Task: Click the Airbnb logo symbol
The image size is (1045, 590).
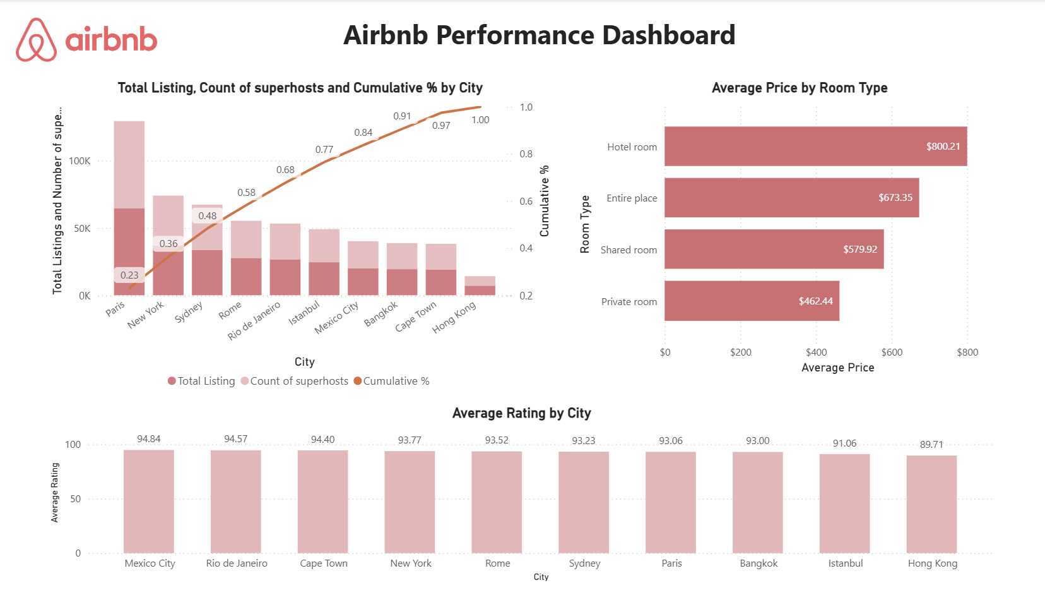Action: coord(37,40)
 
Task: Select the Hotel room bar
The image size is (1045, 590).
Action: coord(815,146)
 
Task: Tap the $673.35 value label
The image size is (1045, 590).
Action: coord(895,198)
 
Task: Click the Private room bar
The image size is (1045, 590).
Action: coord(752,301)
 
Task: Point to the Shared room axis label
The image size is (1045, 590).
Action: coord(629,250)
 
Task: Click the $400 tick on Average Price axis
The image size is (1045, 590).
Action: coord(816,352)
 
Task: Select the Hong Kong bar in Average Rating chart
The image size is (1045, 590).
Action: coord(931,504)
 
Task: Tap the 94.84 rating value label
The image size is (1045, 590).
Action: coord(149,438)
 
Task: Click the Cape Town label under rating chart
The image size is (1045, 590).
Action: coord(323,563)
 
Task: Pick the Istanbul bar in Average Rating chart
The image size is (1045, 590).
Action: coord(845,503)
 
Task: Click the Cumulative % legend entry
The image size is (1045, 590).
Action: coord(391,381)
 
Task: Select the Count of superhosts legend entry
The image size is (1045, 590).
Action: coord(294,381)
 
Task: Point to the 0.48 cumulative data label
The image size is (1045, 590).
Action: coord(207,216)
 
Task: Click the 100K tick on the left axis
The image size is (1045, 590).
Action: coord(80,161)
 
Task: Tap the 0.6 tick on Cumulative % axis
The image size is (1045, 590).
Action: coord(526,202)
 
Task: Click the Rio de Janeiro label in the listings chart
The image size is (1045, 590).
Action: coord(254,320)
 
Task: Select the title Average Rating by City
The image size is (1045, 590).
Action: coord(522,413)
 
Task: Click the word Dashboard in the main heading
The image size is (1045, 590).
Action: coord(668,35)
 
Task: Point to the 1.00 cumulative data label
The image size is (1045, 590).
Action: coord(480,120)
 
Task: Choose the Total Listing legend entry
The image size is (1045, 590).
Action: coord(201,381)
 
